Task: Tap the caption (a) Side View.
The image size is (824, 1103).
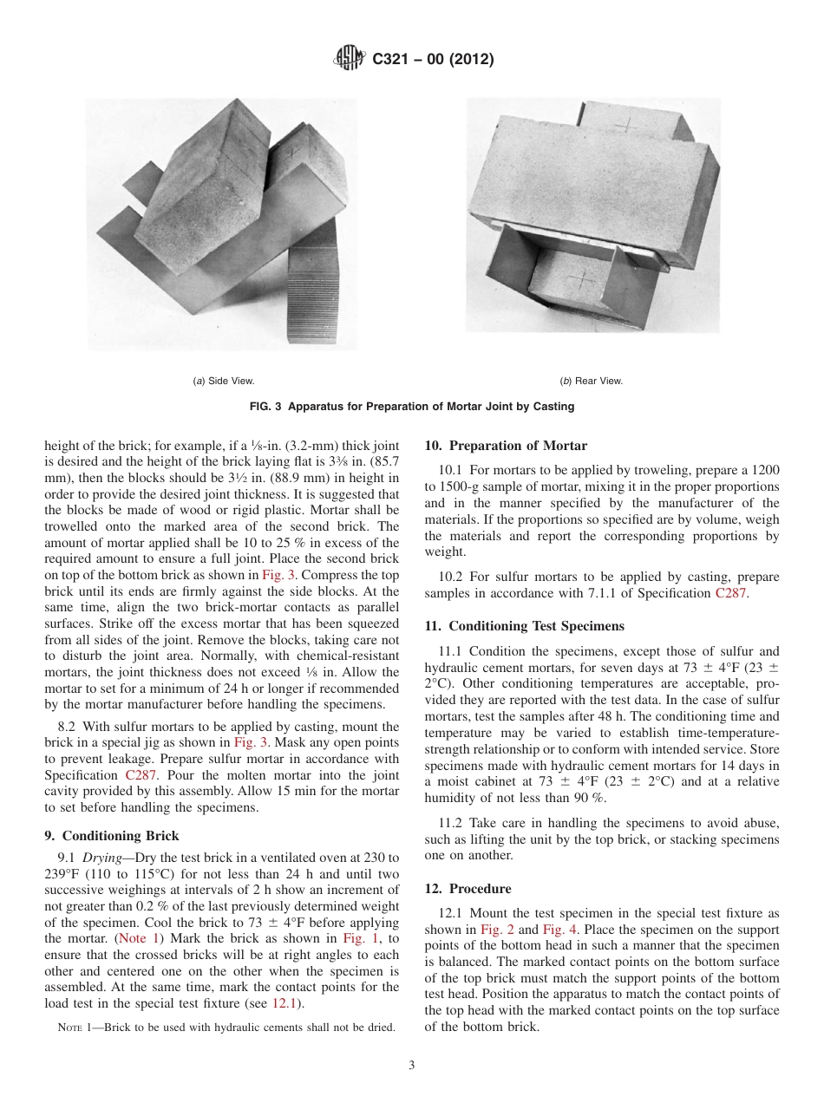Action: (x=223, y=381)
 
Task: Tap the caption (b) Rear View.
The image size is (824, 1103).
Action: (x=591, y=381)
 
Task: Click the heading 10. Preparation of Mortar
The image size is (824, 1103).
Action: (x=506, y=446)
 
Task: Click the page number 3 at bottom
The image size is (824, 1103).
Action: (x=412, y=1066)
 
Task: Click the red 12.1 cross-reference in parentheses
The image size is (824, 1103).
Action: (x=284, y=1003)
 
